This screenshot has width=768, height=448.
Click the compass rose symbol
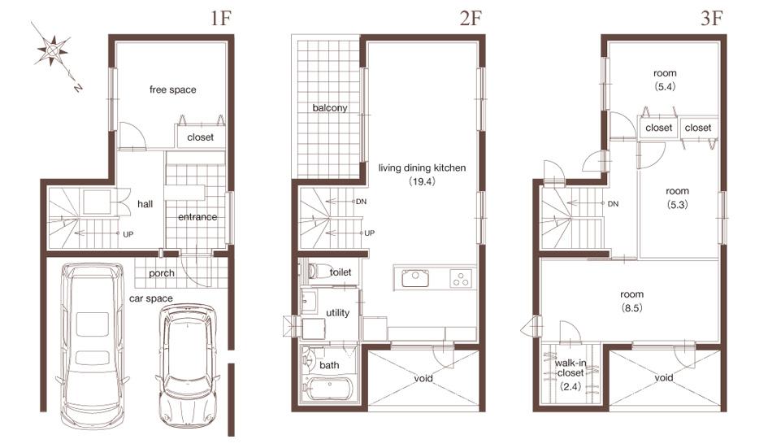tap(53, 51)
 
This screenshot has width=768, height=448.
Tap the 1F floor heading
tap(221, 19)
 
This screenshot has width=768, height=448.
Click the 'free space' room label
tap(172, 89)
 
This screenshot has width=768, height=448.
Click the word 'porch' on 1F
tap(162, 273)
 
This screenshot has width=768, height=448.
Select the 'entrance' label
tap(197, 217)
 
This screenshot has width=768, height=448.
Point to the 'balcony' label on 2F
tap(329, 108)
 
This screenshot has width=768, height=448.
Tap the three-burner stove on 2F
tap(460, 278)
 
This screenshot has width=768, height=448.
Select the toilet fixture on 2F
tap(318, 272)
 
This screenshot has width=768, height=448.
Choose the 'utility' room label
tap(337, 313)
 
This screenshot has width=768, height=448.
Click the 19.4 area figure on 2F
tap(423, 184)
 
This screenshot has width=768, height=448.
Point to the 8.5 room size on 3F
tap(631, 308)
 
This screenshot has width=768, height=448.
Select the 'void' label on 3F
tap(663, 378)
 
